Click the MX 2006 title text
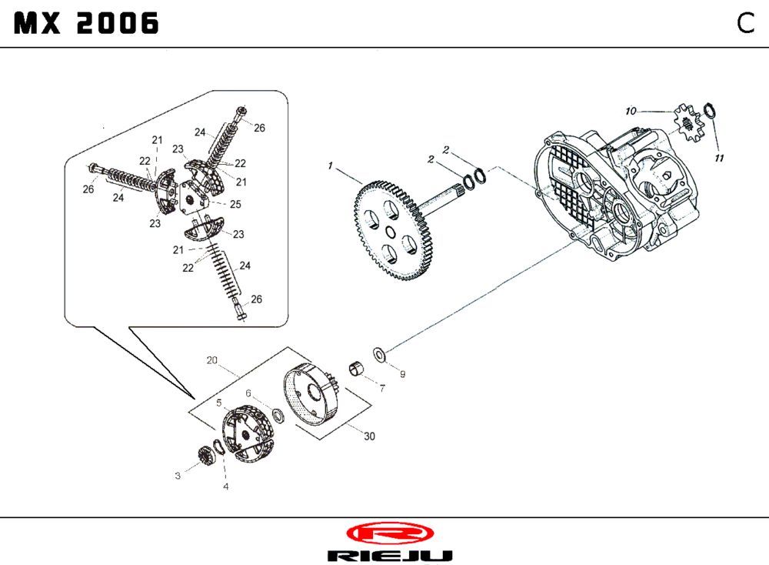tap(86, 25)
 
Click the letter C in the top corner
tap(744, 24)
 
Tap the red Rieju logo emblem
tap(389, 533)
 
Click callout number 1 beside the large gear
tap(330, 165)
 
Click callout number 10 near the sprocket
tap(631, 112)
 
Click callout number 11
tap(719, 159)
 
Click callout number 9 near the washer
tap(402, 374)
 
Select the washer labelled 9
tap(380, 354)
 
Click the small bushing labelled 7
tap(357, 368)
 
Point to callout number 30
tap(369, 436)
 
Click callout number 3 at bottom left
tap(177, 476)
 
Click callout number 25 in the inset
tap(235, 204)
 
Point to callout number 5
tap(219, 402)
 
